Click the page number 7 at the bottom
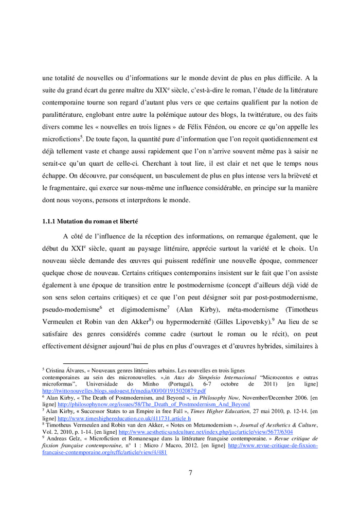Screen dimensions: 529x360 click(190, 473)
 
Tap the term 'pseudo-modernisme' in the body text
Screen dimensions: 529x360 click(70, 309)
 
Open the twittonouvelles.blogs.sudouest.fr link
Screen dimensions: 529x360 click(123, 391)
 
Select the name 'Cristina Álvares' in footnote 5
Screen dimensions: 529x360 click(64, 371)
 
